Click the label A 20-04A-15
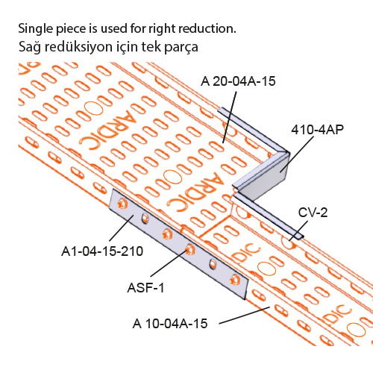[238, 81]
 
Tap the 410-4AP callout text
[318, 130]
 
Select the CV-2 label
[313, 213]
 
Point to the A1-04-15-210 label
[102, 251]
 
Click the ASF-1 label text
[145, 288]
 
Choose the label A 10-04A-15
[170, 324]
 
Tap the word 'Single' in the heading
[36, 29]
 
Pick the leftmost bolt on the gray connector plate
[122, 204]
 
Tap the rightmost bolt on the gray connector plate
[234, 280]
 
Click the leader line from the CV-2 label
[298, 231]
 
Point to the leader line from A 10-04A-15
[245, 316]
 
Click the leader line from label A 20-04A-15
[230, 117]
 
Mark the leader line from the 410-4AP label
[297, 154]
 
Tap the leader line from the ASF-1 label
[169, 263]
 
